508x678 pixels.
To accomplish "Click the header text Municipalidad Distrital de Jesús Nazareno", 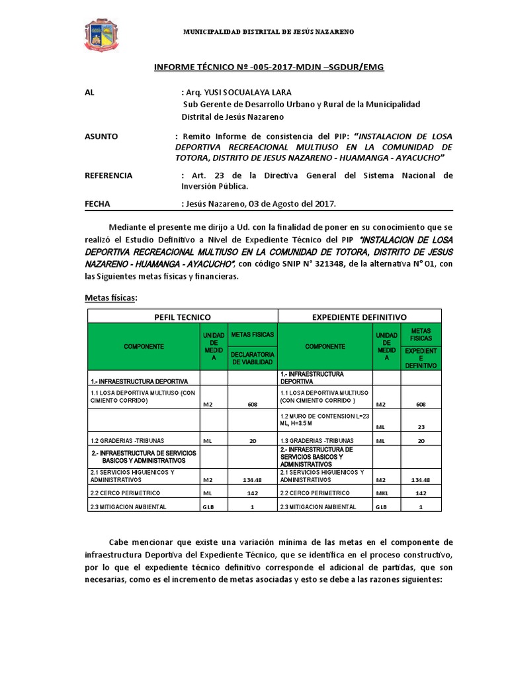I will point(268,32).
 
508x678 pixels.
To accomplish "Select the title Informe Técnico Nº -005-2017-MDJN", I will point(269,67).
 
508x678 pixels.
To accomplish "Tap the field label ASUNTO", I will point(102,136).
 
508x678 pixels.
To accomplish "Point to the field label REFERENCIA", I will point(109,175).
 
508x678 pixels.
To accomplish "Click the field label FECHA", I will point(98,204).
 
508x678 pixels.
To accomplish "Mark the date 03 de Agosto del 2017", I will point(293,204).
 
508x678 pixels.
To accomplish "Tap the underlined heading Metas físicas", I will point(111,299).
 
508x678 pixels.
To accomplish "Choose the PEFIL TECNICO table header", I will point(182,317).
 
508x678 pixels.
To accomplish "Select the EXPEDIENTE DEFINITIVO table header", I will point(359,317).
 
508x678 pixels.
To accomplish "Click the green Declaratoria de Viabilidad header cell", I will point(251,358).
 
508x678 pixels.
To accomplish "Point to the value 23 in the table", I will point(421,427).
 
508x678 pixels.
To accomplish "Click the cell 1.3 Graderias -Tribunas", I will point(316,440).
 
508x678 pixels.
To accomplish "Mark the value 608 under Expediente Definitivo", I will point(421,404).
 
